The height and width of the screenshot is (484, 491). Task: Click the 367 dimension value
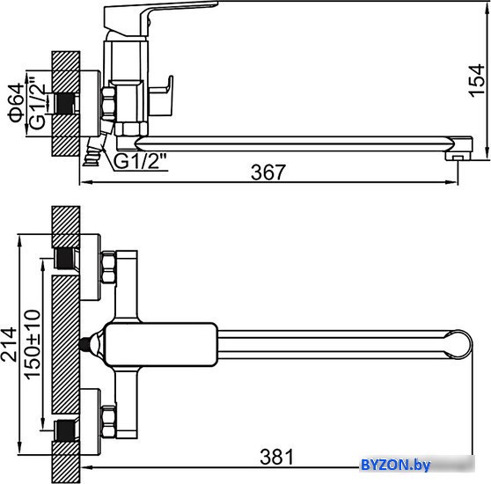(268, 172)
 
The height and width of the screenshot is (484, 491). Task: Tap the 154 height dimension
(476, 81)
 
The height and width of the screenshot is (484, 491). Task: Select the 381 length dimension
(277, 457)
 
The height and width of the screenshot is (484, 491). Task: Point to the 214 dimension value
(9, 345)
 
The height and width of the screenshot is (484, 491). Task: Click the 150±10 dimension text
(33, 345)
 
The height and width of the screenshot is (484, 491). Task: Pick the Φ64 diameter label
(16, 103)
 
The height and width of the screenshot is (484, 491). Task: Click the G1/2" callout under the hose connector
(139, 162)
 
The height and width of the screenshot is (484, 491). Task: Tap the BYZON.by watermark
(396, 465)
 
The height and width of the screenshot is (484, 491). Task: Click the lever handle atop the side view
(159, 18)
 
